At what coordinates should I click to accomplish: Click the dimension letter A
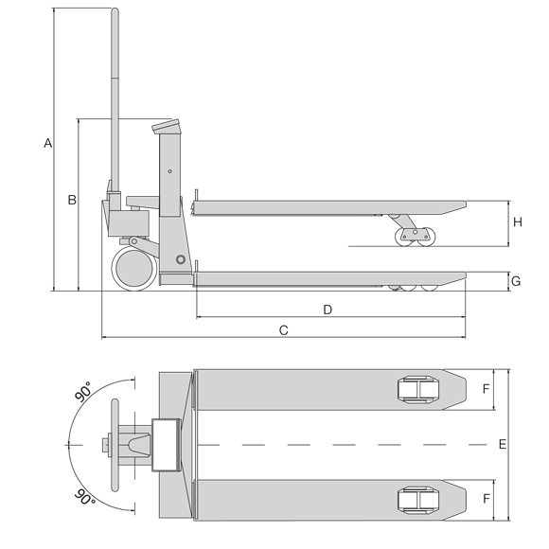pyautogui.click(x=47, y=143)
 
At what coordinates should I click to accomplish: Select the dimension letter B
pyautogui.click(x=71, y=200)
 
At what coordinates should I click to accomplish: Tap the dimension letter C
pyautogui.click(x=283, y=329)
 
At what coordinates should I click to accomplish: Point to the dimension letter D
pyautogui.click(x=328, y=310)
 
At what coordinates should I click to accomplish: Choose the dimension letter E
pyautogui.click(x=503, y=444)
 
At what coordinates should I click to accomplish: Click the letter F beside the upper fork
pyautogui.click(x=486, y=389)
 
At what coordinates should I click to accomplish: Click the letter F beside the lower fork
pyautogui.click(x=486, y=498)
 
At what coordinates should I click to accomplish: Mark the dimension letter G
pyautogui.click(x=516, y=281)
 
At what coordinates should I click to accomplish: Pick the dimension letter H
pyautogui.click(x=517, y=222)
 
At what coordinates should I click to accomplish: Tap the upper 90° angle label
pyautogui.click(x=84, y=393)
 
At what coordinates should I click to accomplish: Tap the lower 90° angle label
pyautogui.click(x=84, y=497)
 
